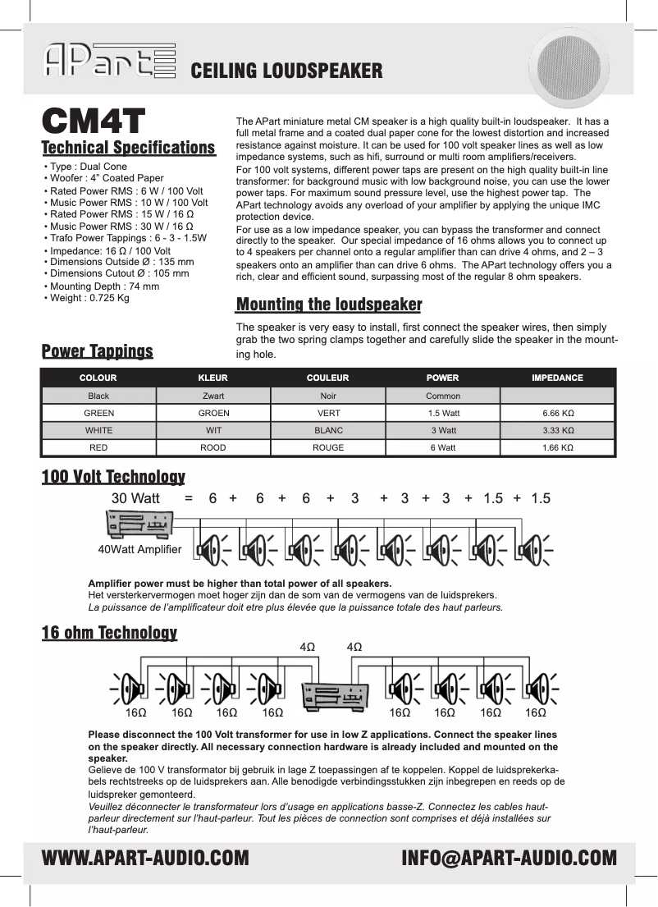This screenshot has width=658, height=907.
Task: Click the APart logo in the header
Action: coord(108,62)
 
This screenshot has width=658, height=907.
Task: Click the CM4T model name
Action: coord(94,121)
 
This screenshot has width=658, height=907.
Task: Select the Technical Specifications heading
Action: coord(128,148)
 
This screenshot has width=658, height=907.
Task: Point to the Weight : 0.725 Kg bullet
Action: coord(88,298)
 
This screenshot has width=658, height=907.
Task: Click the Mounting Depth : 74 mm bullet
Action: coord(103,286)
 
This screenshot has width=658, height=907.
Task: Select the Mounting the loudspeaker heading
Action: coord(329,305)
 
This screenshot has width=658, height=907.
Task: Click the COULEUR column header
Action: coord(327,378)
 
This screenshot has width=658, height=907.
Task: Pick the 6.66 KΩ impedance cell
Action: coord(557,413)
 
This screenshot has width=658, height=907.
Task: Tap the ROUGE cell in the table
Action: coord(327,448)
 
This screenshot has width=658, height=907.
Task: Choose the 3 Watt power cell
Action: coord(443,430)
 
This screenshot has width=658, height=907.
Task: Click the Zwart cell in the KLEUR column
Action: coord(213,396)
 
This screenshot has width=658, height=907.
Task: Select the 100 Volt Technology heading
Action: coord(113,477)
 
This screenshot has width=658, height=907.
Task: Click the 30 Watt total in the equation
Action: coord(135,498)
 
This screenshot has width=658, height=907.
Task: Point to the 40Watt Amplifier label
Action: coord(139,548)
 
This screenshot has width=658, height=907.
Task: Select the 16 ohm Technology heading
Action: coord(109,633)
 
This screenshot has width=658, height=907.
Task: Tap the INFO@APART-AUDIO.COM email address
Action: coord(509,859)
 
